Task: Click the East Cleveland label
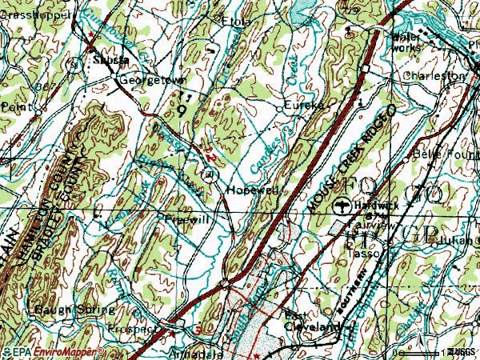(313, 321)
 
